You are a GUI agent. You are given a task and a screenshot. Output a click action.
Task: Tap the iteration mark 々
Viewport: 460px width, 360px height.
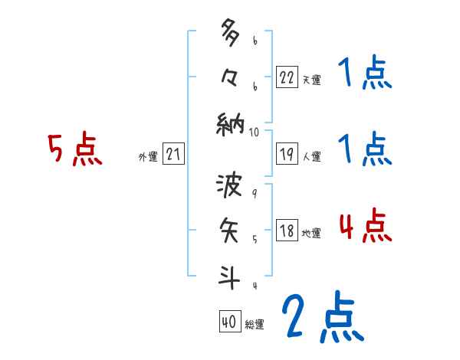pos(229,77)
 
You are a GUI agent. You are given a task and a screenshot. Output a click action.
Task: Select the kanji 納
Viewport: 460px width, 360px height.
pos(229,122)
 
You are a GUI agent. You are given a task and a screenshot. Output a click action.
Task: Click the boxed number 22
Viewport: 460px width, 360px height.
pos(287,77)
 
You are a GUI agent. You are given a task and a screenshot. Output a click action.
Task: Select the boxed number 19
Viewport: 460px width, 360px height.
pos(287,155)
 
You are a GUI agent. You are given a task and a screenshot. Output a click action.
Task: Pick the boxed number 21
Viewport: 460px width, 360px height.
pos(173,155)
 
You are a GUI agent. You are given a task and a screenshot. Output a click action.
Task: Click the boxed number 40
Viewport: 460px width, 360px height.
pos(229,322)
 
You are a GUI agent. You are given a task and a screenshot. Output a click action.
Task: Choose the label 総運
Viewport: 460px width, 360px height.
pos(255,325)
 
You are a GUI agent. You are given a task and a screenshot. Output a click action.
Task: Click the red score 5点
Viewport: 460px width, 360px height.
pos(74,149)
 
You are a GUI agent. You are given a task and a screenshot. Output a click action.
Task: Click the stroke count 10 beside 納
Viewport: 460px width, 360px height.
pos(255,132)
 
